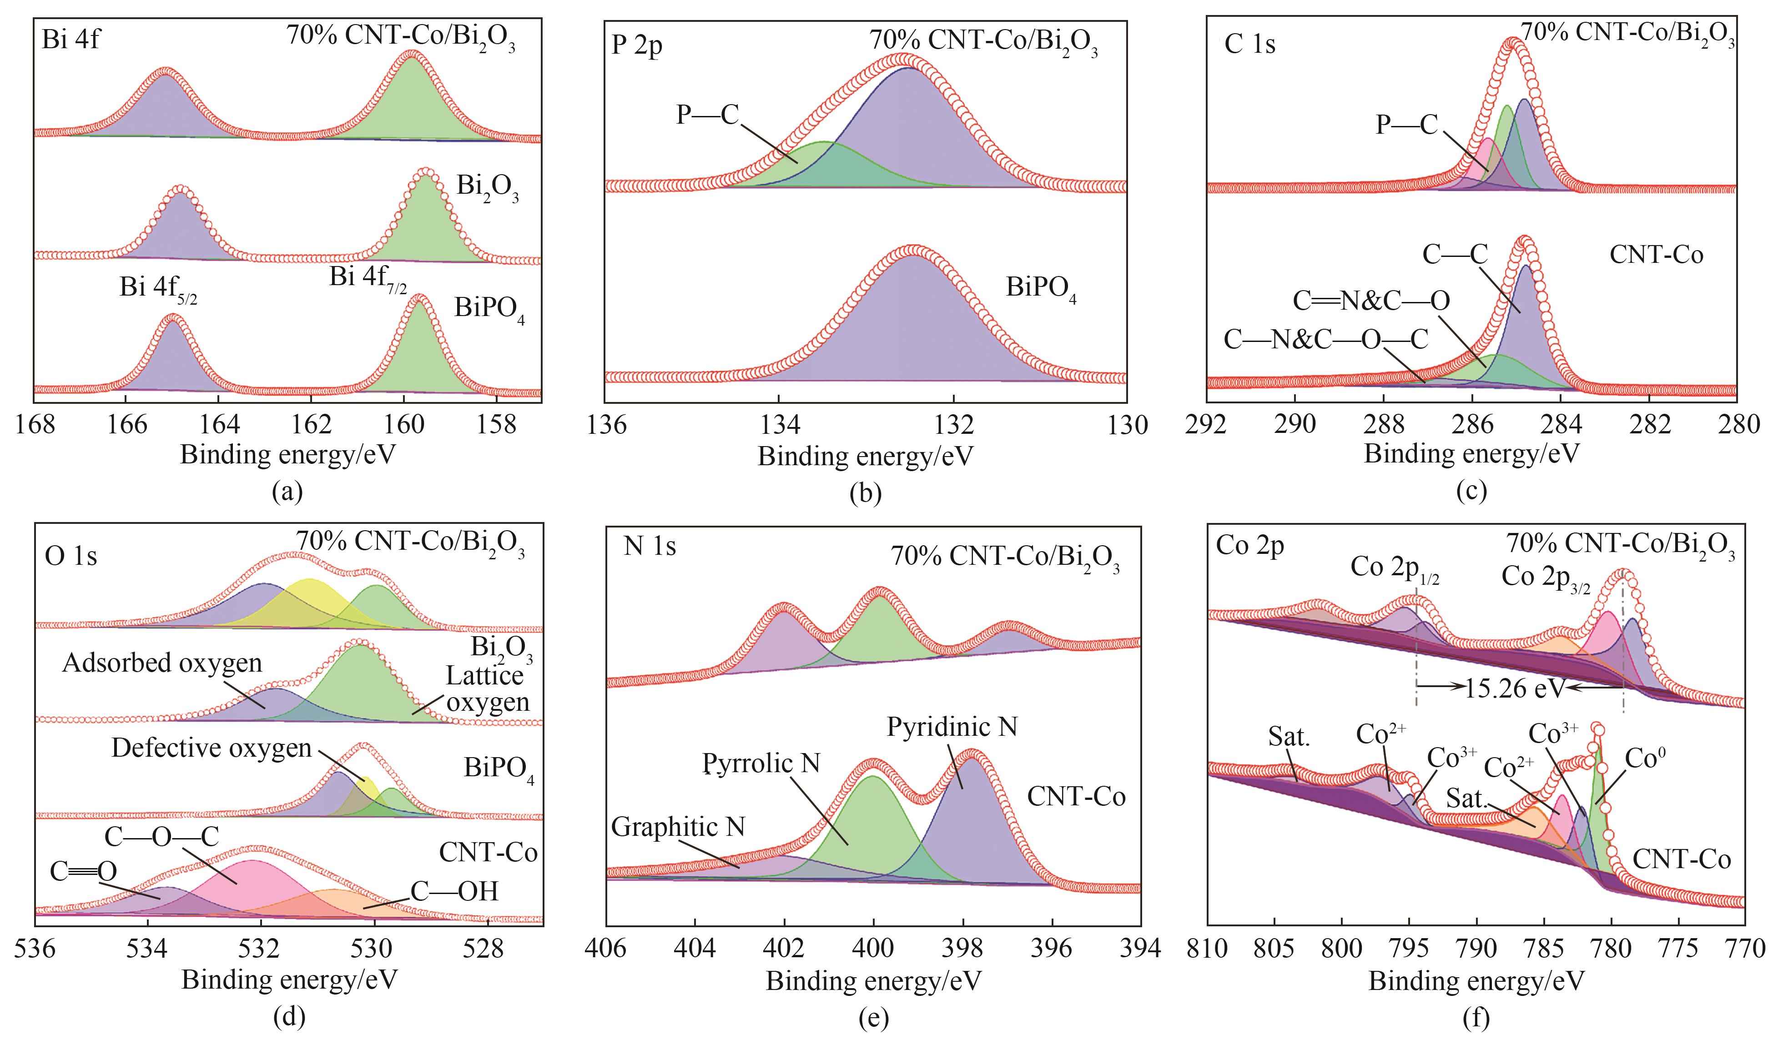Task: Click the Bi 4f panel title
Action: pyautogui.click(x=71, y=39)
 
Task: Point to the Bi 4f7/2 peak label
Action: pyautogui.click(x=367, y=279)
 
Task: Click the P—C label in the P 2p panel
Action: pyautogui.click(x=707, y=114)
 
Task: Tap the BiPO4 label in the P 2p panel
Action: pyautogui.click(x=1041, y=289)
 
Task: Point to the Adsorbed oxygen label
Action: pyautogui.click(x=162, y=663)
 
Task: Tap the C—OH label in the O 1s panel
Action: pyautogui.click(x=454, y=892)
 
